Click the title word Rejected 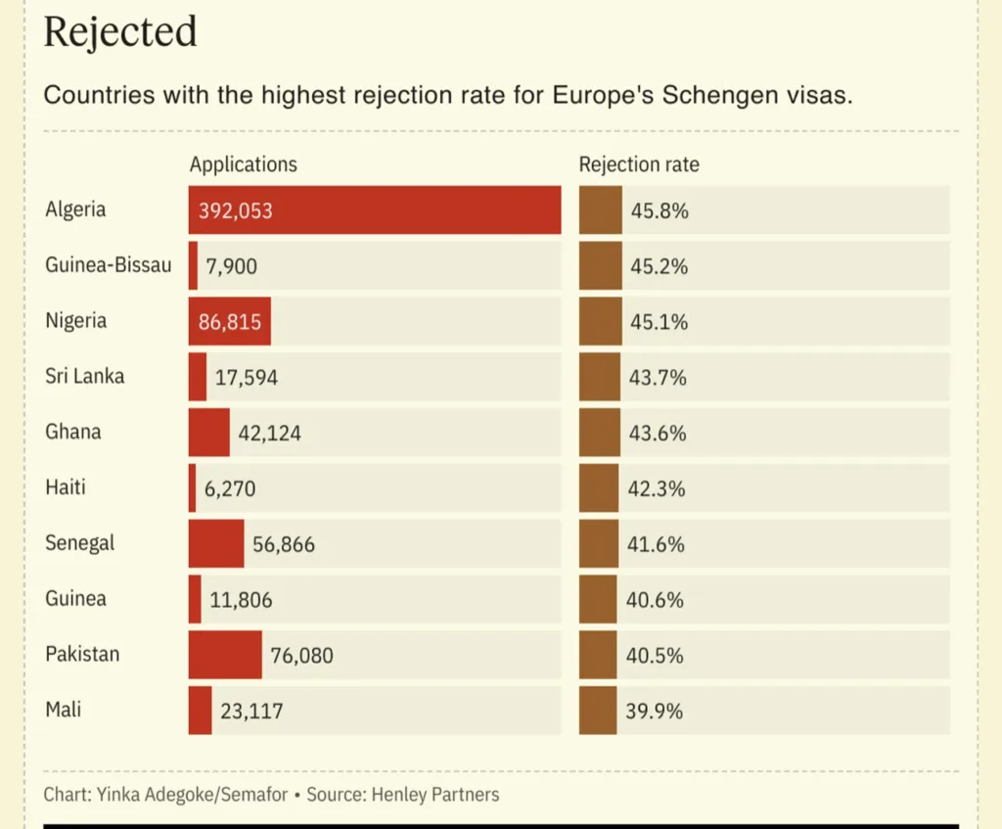point(120,32)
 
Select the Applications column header point(244,164)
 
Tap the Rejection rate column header point(639,164)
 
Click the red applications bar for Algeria point(375,210)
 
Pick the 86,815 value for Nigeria point(230,322)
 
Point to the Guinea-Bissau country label point(108,265)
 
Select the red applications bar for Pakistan point(225,655)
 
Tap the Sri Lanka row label point(85,376)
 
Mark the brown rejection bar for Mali point(598,711)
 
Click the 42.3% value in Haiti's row point(657,488)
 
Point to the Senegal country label point(80,542)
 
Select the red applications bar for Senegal point(216,544)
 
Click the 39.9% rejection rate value point(655,711)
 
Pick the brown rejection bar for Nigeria point(600,322)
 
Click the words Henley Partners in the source point(435,794)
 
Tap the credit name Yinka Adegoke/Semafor point(192,794)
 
